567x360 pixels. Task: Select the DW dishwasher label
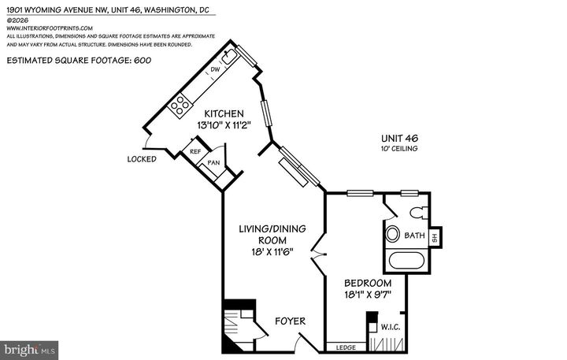[213, 71]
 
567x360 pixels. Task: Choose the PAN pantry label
[213, 163]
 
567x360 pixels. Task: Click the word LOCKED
[142, 159]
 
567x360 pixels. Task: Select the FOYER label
[289, 321]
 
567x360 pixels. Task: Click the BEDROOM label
[367, 283]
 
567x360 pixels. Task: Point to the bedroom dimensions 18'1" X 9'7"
[367, 295]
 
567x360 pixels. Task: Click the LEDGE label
[345, 347]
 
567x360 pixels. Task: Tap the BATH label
[414, 236]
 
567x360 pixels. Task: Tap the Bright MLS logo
[30, 347]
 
